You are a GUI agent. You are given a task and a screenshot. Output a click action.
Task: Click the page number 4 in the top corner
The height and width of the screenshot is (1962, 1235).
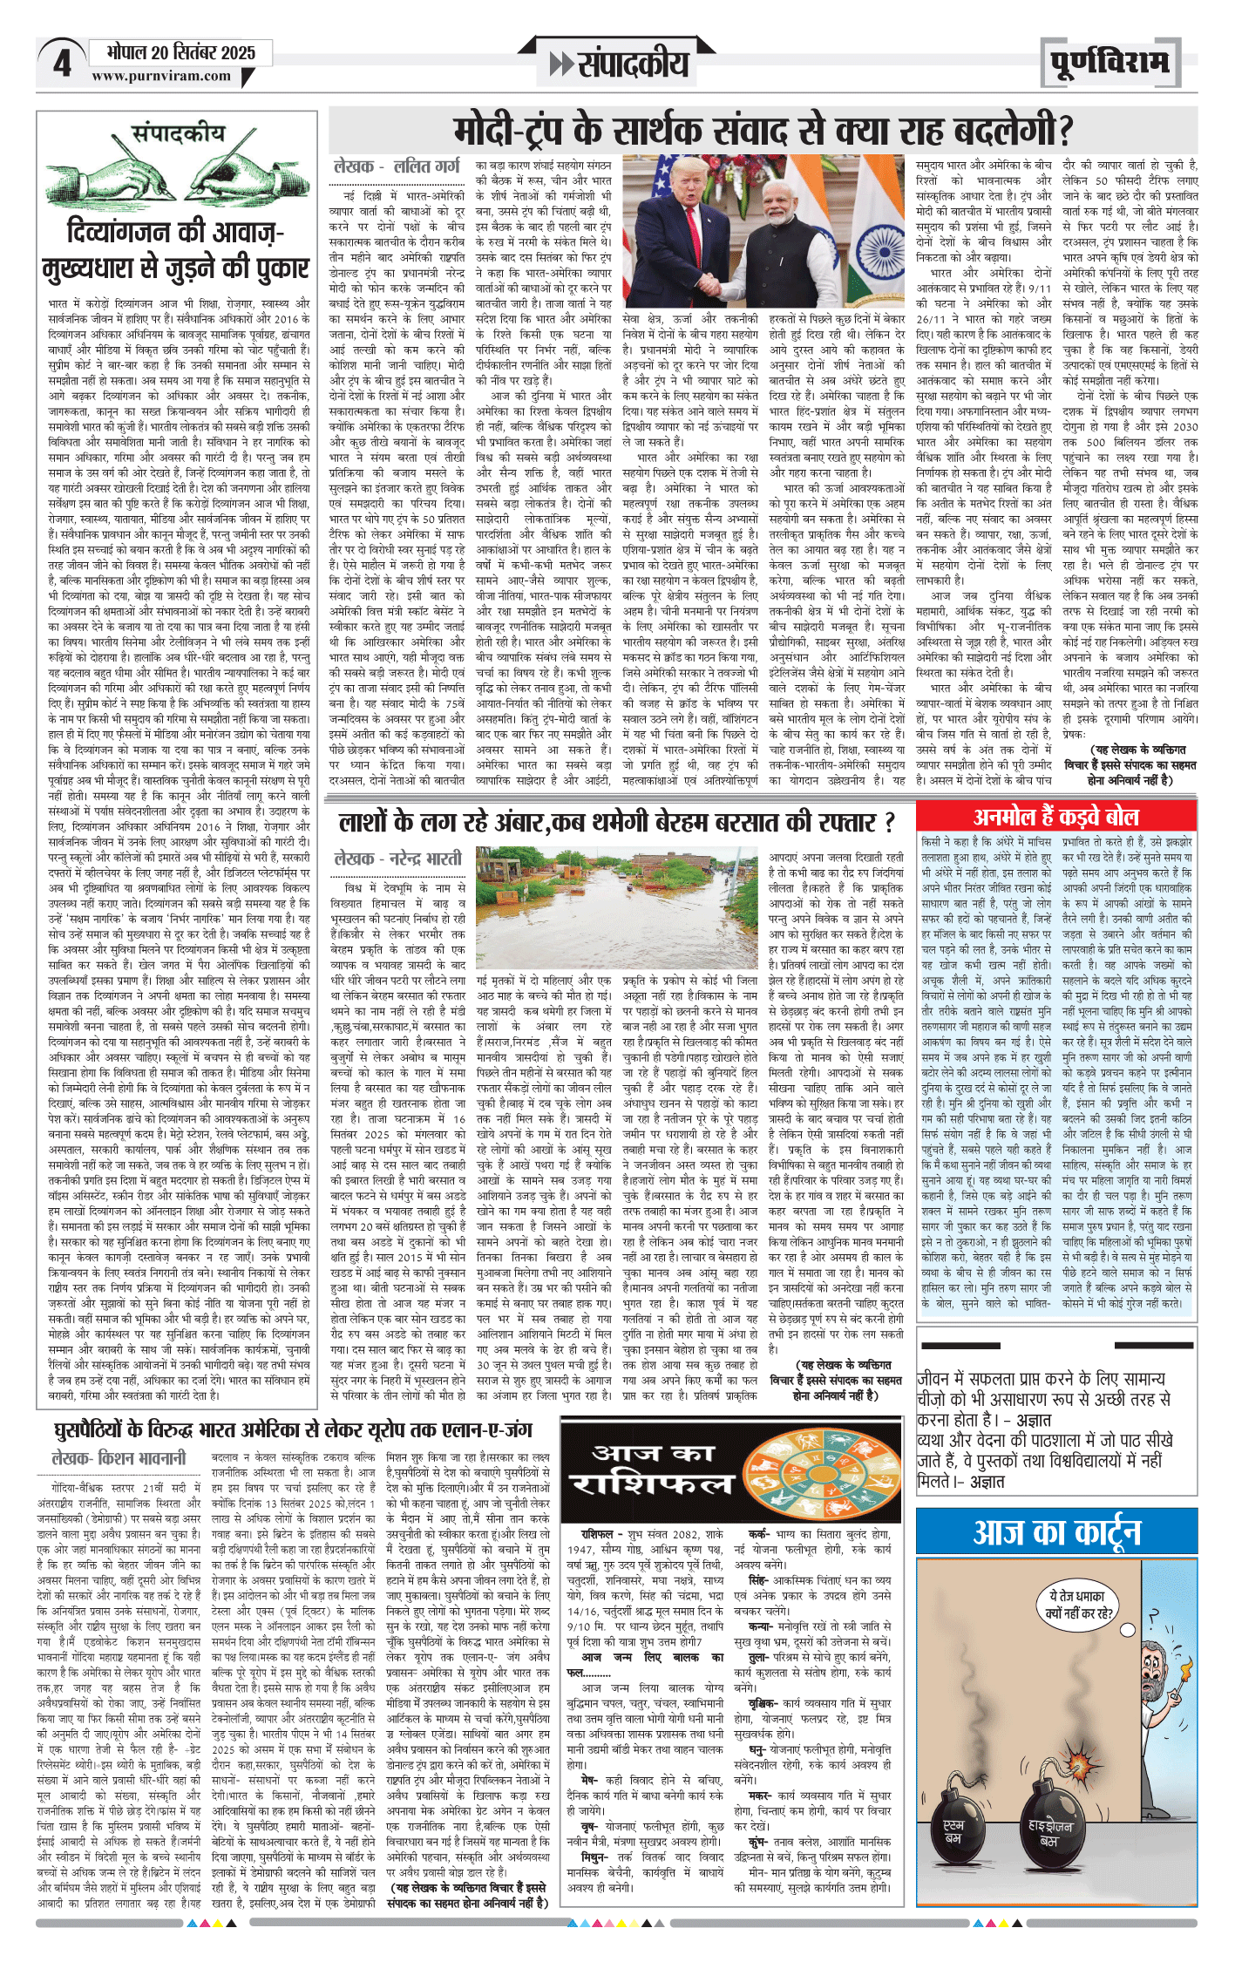(61, 64)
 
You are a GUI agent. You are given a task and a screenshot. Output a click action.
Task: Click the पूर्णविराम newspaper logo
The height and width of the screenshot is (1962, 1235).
(1109, 63)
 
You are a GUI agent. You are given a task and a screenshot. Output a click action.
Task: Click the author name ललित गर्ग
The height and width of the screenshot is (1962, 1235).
(427, 166)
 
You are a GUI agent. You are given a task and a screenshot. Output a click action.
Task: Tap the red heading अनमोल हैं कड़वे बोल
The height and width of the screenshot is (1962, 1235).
(1055, 817)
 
